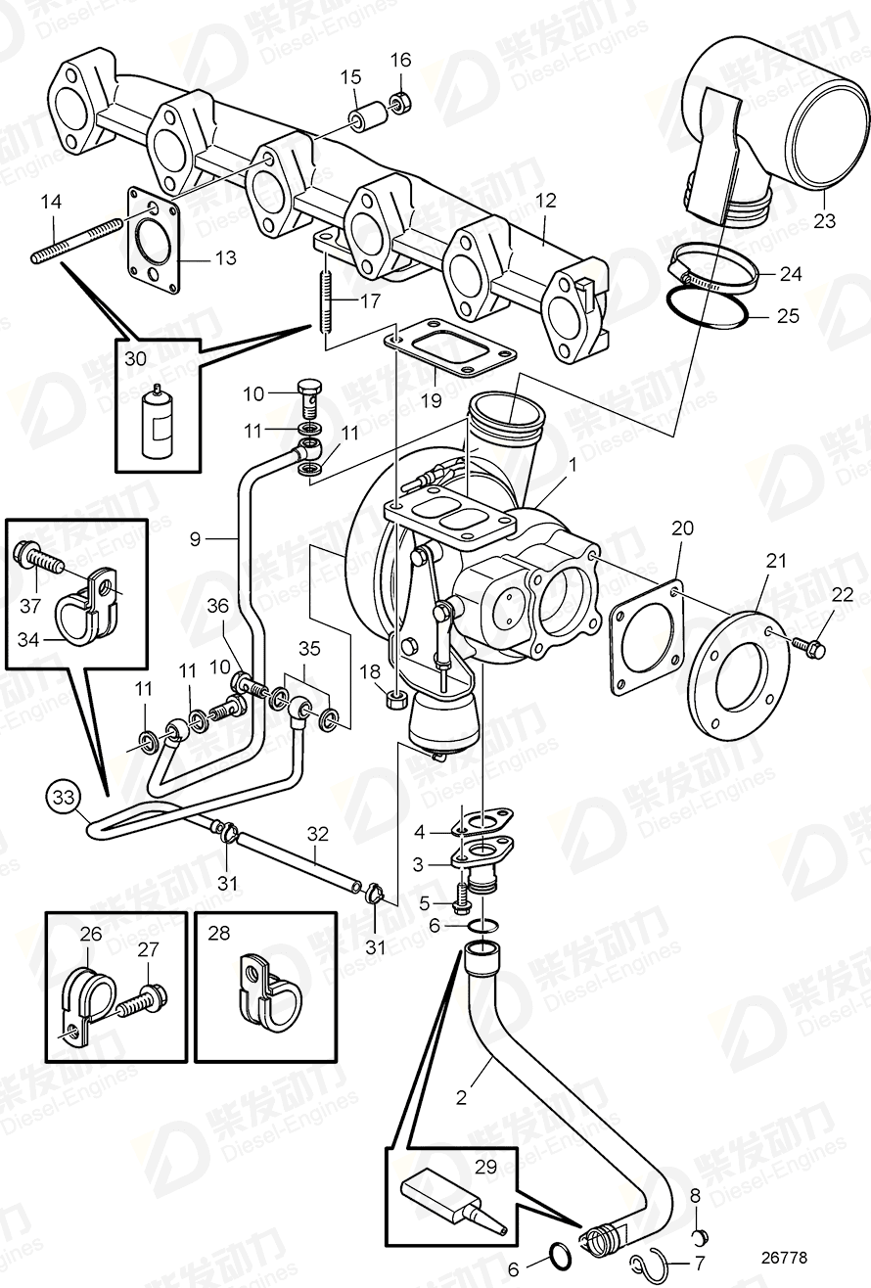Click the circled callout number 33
click(62, 798)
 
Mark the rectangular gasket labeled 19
click(450, 350)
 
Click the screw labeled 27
click(137, 1005)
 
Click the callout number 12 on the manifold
click(545, 201)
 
